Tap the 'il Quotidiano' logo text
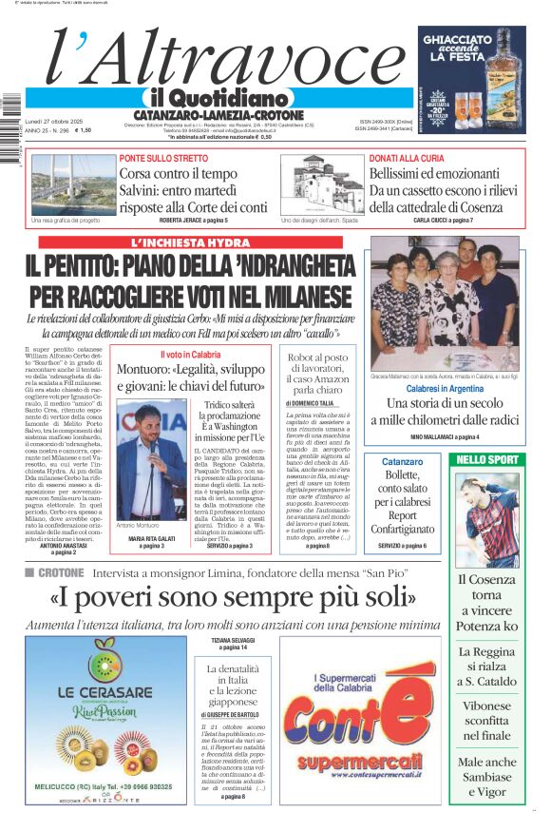click(x=218, y=98)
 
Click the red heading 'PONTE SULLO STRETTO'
click(x=163, y=158)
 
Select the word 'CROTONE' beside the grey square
click(x=61, y=572)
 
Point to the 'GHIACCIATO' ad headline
click(x=471, y=41)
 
